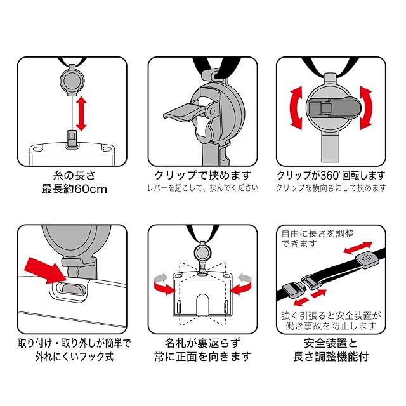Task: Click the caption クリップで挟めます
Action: click(202, 174)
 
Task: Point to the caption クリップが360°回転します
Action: click(331, 174)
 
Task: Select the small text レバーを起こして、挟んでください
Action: click(203, 188)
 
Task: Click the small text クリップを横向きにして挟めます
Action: click(331, 188)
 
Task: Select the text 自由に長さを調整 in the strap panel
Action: click(315, 235)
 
